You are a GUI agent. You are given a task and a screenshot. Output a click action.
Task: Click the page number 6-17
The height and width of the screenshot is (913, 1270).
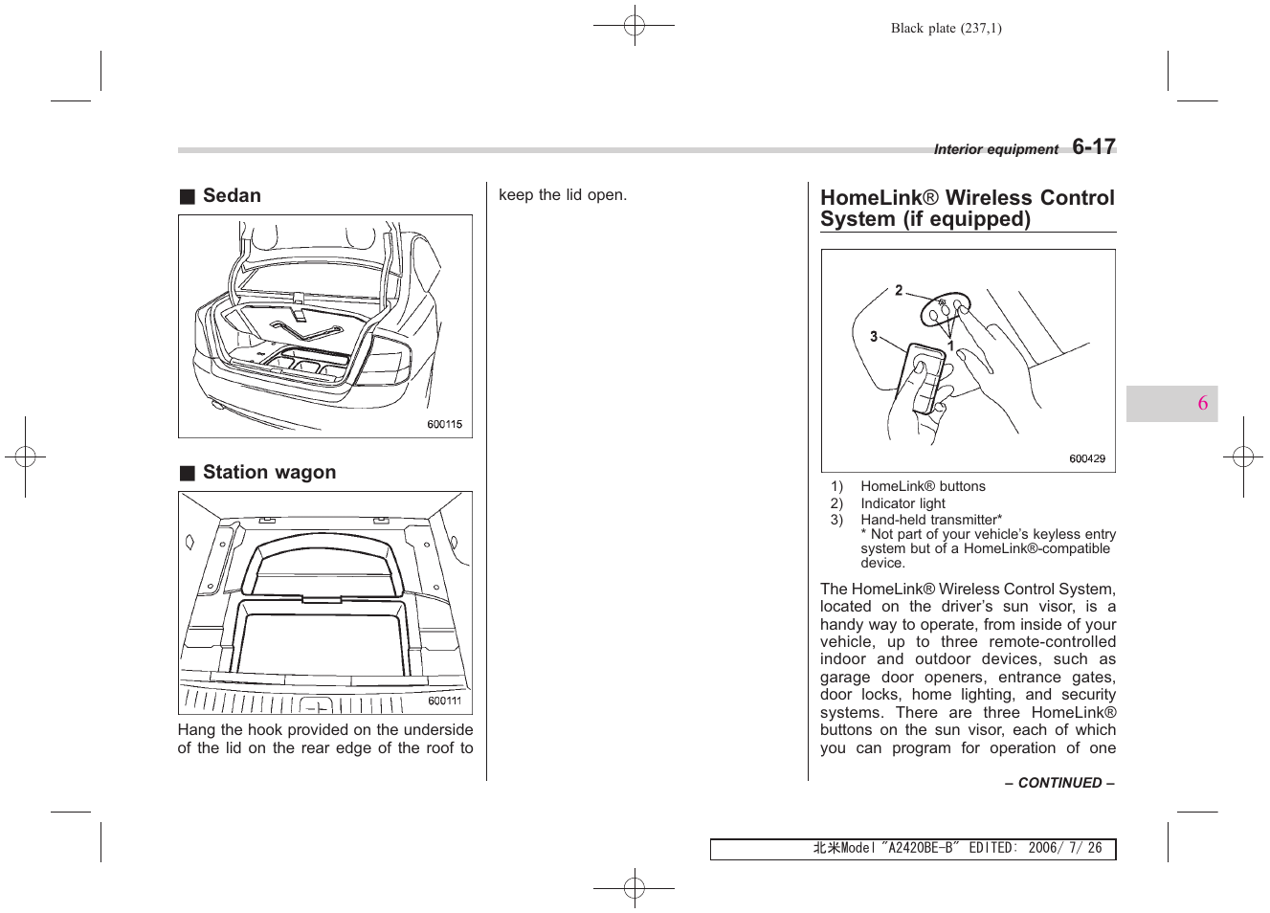click(x=1093, y=146)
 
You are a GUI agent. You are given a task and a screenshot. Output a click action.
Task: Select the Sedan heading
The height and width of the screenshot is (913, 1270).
click(x=232, y=195)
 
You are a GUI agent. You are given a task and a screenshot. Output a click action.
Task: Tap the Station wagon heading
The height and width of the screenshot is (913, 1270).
click(x=269, y=472)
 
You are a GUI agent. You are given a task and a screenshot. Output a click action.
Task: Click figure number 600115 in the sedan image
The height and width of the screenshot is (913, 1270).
click(x=444, y=424)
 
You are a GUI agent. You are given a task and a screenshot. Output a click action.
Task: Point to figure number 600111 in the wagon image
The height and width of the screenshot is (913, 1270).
click(x=444, y=701)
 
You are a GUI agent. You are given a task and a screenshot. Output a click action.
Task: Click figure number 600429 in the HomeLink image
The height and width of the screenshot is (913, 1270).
click(x=1086, y=458)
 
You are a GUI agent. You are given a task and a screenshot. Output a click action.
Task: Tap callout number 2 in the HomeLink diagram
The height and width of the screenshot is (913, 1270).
click(x=899, y=290)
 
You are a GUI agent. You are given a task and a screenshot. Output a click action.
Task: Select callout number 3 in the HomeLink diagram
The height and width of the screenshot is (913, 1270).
click(x=873, y=336)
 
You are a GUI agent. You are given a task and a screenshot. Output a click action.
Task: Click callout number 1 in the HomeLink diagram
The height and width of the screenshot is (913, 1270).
click(x=950, y=346)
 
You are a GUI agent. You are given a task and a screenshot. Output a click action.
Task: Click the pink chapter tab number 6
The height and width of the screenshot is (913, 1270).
click(x=1202, y=403)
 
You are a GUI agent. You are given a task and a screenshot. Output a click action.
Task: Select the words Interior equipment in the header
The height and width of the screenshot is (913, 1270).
click(x=995, y=149)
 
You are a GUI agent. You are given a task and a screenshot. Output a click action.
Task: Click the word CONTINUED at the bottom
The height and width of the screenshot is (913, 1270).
click(x=1059, y=783)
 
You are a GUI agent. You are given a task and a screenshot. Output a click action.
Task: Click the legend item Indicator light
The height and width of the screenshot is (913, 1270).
click(x=902, y=503)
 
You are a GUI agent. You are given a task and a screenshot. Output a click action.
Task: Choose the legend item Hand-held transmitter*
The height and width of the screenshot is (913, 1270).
click(x=930, y=520)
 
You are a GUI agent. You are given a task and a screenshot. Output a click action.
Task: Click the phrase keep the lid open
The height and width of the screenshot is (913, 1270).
click(x=563, y=195)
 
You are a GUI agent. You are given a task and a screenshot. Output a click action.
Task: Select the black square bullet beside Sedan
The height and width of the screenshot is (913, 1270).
click(x=188, y=197)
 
